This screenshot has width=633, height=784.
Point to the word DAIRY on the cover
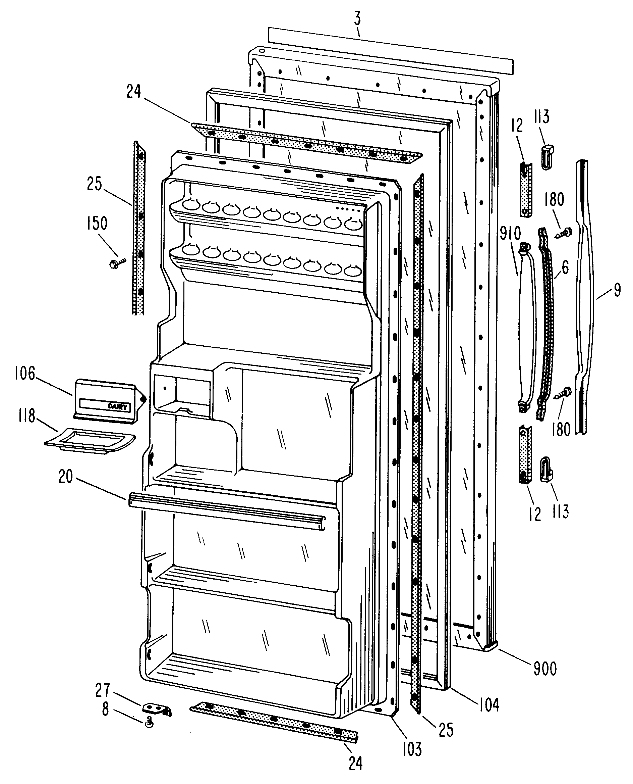click(117, 406)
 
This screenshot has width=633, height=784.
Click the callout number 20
click(66, 477)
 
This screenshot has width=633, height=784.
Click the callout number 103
click(412, 748)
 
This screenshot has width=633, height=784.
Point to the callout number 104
click(489, 704)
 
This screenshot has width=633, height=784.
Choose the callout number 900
click(545, 668)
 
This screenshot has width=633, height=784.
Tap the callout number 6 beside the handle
click(565, 267)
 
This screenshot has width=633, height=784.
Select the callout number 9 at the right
click(617, 290)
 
